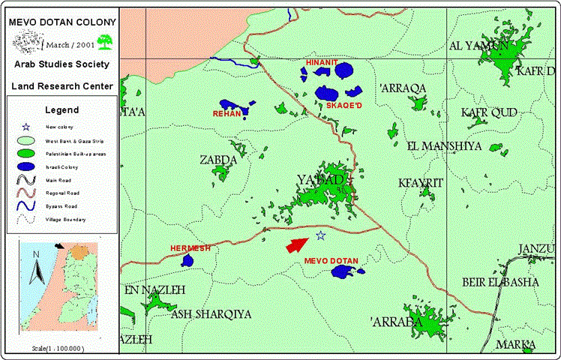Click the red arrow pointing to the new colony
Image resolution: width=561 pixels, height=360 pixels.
(x=297, y=244)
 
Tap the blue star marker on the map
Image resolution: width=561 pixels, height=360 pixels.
(x=321, y=235)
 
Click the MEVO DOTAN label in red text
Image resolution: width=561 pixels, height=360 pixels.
(x=331, y=260)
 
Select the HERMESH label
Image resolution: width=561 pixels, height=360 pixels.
(x=189, y=247)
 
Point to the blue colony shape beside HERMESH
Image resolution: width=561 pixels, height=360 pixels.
(x=187, y=260)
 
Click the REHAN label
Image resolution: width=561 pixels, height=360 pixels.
(x=227, y=114)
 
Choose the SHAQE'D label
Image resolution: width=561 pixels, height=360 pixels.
(x=344, y=106)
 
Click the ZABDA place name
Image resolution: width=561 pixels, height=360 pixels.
(x=218, y=160)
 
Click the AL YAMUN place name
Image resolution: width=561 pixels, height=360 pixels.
(x=478, y=46)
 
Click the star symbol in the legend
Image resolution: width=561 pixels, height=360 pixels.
(x=26, y=127)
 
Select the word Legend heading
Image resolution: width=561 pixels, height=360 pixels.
(x=61, y=109)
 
